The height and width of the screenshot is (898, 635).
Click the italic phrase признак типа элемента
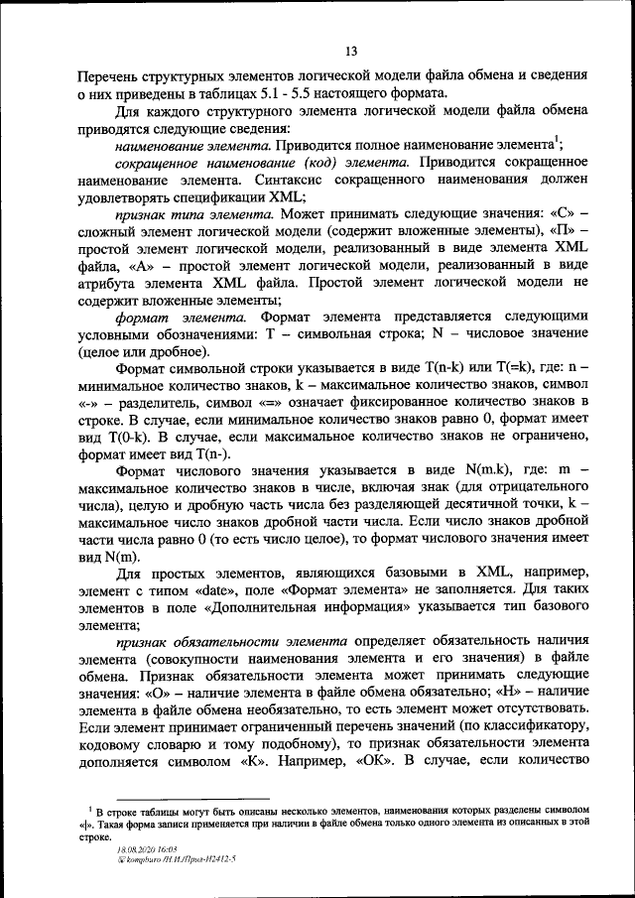[194, 213]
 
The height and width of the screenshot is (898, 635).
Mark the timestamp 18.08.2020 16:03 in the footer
[145, 850]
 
